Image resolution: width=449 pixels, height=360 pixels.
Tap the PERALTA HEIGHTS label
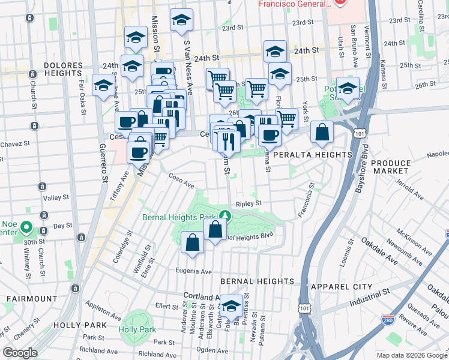312,155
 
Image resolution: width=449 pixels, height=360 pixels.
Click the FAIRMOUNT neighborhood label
32,298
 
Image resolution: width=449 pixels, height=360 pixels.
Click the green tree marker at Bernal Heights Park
225,215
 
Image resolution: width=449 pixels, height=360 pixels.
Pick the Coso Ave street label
181,179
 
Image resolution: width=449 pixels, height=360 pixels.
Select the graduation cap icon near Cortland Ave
231,306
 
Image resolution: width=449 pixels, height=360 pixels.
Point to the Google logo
20,353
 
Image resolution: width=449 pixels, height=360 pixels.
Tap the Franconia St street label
306,200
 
